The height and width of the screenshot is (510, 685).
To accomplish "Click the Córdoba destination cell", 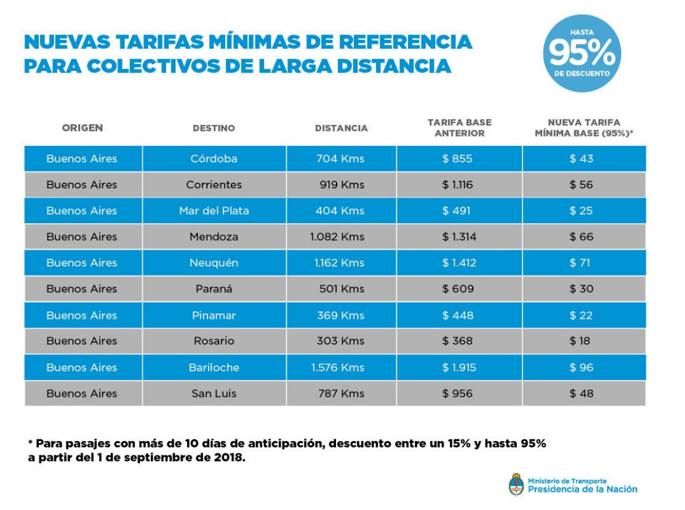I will click(x=214, y=159).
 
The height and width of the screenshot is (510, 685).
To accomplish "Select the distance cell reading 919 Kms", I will click(x=342, y=185).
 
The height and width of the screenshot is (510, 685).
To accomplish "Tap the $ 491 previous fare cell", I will click(x=457, y=211).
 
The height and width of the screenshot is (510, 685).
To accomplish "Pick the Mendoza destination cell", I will click(x=214, y=237).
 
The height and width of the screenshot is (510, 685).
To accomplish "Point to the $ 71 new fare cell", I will click(x=580, y=263).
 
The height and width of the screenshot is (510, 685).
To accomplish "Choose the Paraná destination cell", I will click(x=214, y=289).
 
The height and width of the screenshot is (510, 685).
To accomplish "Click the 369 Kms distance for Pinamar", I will click(x=342, y=316).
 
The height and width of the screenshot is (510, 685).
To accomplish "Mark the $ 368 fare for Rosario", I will click(x=457, y=341).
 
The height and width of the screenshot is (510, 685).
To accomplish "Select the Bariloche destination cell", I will click(x=214, y=368).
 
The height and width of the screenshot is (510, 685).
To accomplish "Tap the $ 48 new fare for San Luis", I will click(x=580, y=394).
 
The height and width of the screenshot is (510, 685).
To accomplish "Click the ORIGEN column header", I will click(x=82, y=128).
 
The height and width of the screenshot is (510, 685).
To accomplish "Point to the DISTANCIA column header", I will click(x=341, y=129).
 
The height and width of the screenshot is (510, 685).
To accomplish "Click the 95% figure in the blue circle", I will click(x=581, y=54).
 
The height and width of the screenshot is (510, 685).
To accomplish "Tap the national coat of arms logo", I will click(x=515, y=484).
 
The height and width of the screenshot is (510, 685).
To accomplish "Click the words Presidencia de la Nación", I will click(x=582, y=489).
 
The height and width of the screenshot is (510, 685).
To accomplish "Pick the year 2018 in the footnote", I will click(x=230, y=458).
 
